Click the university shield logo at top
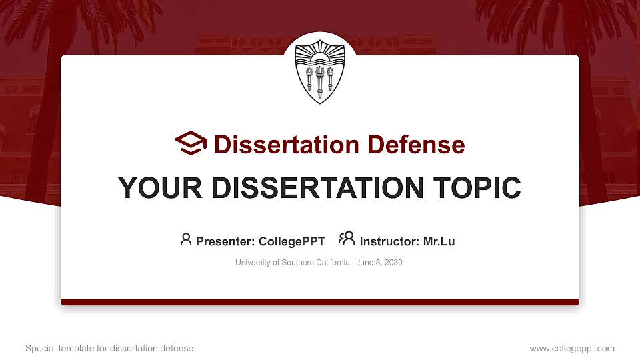(x=320, y=69)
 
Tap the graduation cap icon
(x=191, y=143)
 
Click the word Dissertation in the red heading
(x=279, y=145)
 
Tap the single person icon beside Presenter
(x=186, y=239)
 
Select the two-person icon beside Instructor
(x=347, y=239)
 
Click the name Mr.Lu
(x=439, y=241)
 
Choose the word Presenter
(x=221, y=241)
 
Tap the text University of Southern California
(x=292, y=263)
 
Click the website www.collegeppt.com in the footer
(x=572, y=348)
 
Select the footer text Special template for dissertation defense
(x=109, y=348)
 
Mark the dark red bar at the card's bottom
(x=320, y=302)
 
